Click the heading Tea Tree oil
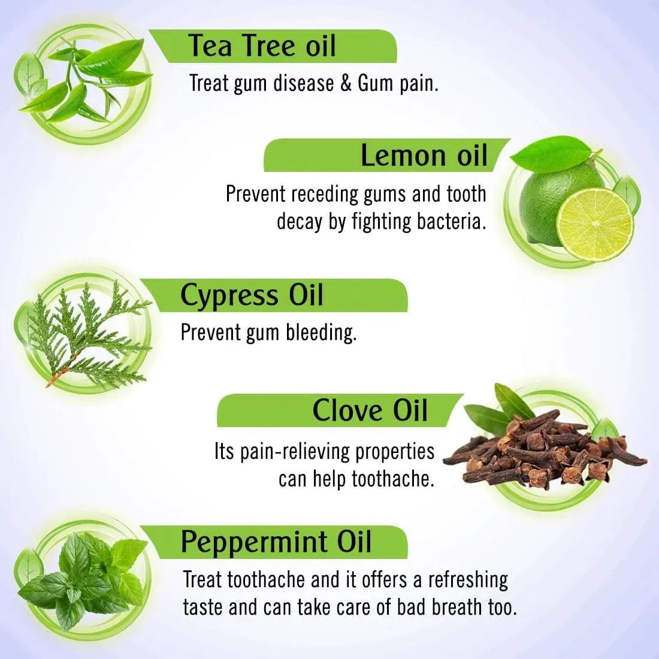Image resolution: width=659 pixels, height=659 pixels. coord(262,46)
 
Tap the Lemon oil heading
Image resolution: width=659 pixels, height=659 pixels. coord(424,156)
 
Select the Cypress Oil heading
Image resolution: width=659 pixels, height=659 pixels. coord(252,295)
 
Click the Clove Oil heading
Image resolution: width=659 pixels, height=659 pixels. coord(370,411)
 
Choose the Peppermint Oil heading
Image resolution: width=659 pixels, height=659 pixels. coord(276,542)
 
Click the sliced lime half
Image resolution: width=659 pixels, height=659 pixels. coord(594,224)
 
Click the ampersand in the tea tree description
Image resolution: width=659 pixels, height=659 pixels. coord(346,83)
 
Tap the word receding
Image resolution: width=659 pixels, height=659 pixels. coord(325,195)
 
